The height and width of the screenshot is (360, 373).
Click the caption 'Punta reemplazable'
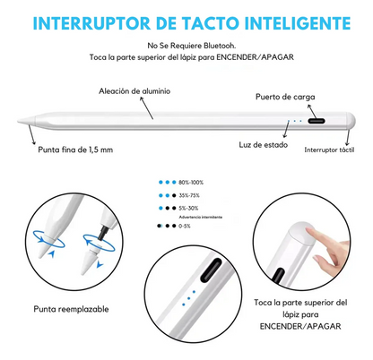74,308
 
